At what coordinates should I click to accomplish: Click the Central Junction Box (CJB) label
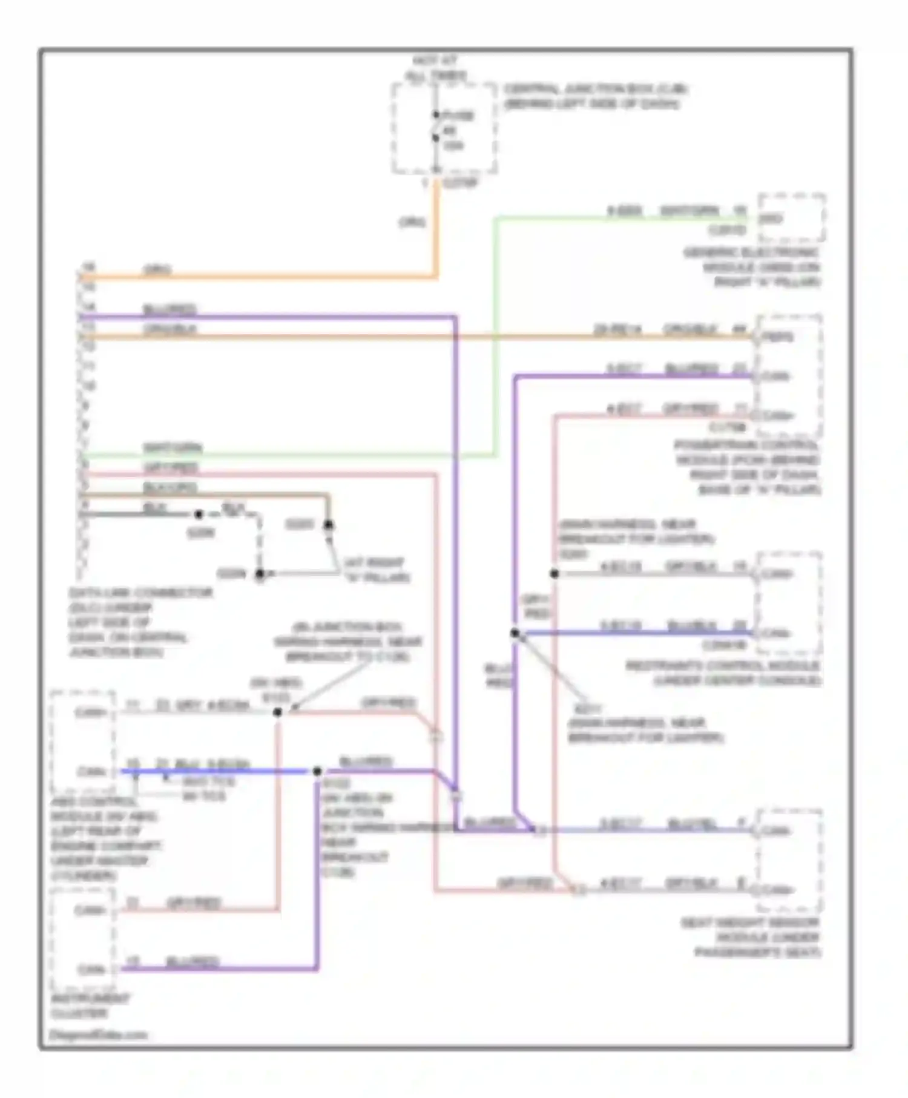pyautogui.click(x=596, y=97)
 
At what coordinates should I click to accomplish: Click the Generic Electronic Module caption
pyautogui.click(x=752, y=267)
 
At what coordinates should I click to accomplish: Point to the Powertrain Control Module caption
pyautogui.click(x=748, y=467)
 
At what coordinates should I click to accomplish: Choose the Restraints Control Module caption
pyautogui.click(x=723, y=673)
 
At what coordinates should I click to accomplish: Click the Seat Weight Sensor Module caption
pyautogui.click(x=751, y=938)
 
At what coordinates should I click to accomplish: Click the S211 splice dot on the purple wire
pyautogui.click(x=515, y=633)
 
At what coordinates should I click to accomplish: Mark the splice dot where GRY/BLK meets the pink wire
pyautogui.click(x=554, y=573)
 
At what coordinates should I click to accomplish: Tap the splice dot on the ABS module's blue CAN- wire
pyautogui.click(x=317, y=771)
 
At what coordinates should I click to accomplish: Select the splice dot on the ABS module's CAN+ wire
pyautogui.click(x=277, y=712)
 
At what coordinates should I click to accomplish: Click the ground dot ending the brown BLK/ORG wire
pyautogui.click(x=328, y=525)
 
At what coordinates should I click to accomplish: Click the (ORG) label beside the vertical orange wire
pyautogui.click(x=412, y=223)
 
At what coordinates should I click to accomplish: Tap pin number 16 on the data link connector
pyautogui.click(x=88, y=267)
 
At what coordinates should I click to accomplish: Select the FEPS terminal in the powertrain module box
pyautogui.click(x=777, y=337)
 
